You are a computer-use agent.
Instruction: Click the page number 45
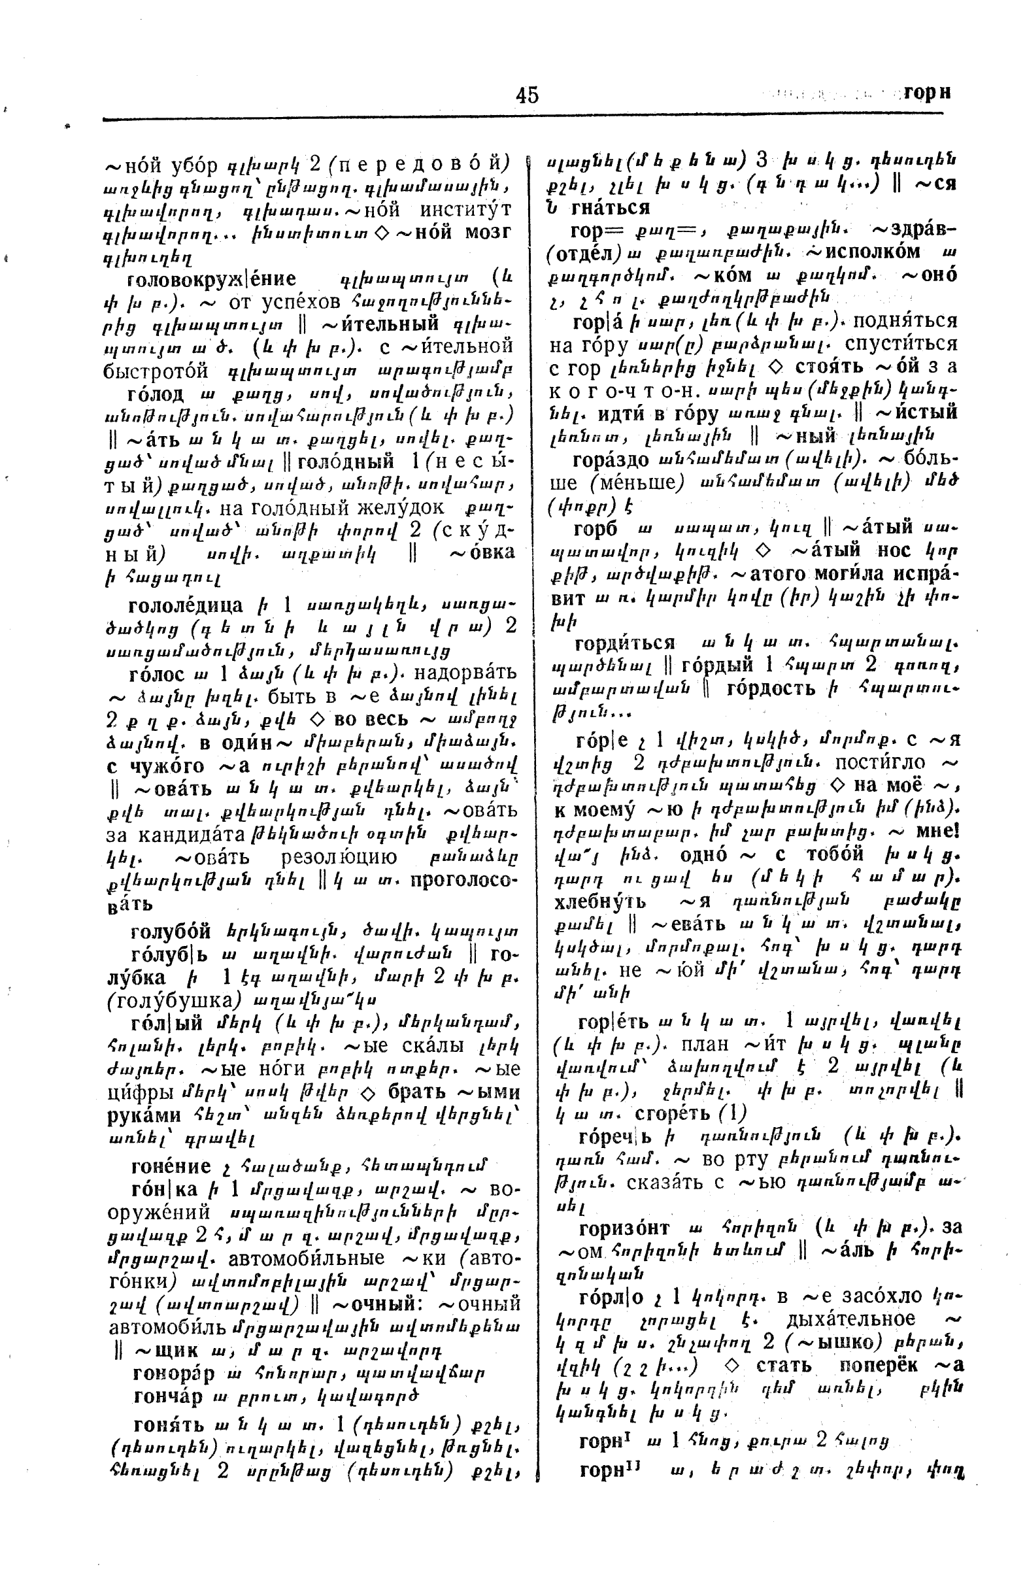pos(527,95)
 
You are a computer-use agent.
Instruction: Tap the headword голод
pos(156,394)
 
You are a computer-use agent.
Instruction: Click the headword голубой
pos(171,932)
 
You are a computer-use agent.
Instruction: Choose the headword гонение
pos(171,1166)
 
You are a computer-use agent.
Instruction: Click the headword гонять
pos(168,1425)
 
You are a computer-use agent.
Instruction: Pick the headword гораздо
pos(611,460)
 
